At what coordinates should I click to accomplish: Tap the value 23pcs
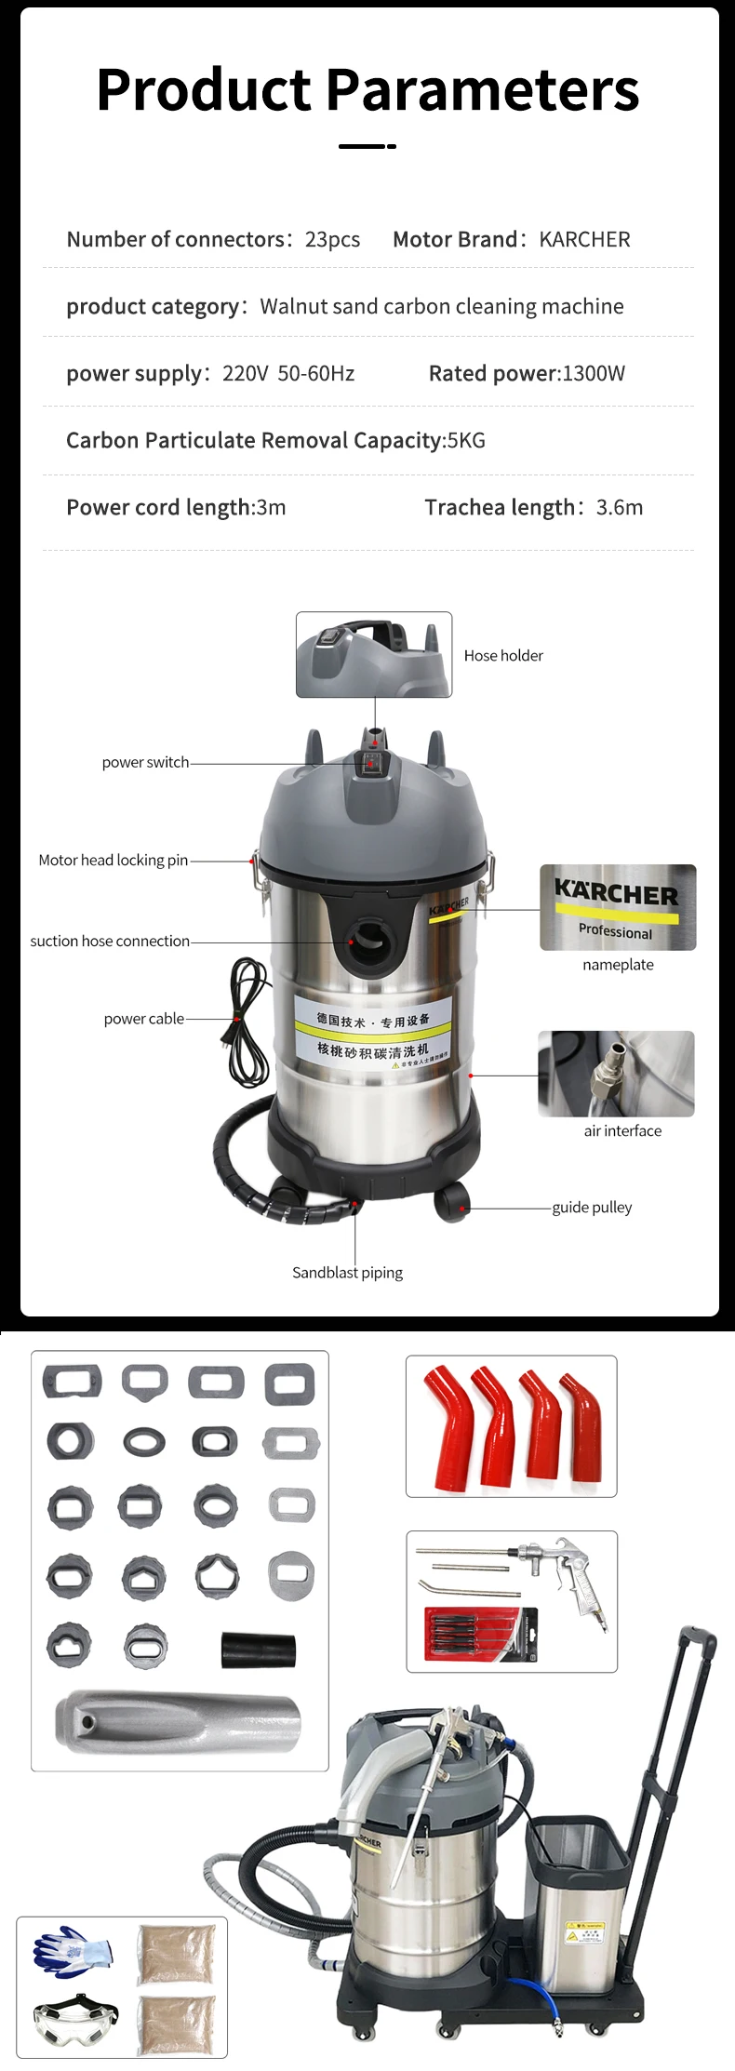point(332,240)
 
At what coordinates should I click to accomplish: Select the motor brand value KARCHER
point(584,240)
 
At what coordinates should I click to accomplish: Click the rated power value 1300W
point(594,374)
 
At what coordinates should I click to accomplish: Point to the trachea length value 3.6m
point(620,508)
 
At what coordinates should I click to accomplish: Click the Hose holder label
point(503,656)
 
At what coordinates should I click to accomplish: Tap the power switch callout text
point(145,763)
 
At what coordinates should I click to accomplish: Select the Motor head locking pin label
point(113,861)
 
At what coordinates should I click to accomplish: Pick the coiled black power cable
point(248,1023)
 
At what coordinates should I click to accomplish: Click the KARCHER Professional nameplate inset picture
point(618,907)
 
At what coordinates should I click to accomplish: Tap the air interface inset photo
point(616,1074)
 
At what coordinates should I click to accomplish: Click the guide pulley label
point(592,1208)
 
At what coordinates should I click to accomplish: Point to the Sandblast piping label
point(347,1273)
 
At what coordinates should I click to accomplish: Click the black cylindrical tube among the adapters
point(258,1650)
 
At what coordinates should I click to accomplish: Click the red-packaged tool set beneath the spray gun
point(481,1635)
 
